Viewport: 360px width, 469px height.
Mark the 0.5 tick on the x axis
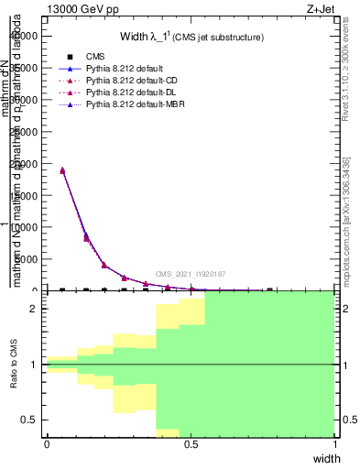tap(191, 444)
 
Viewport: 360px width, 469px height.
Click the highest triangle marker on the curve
tap(62, 169)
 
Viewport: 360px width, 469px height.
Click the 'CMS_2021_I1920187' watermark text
tap(191, 274)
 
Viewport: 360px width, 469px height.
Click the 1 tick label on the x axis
tap(334, 444)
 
